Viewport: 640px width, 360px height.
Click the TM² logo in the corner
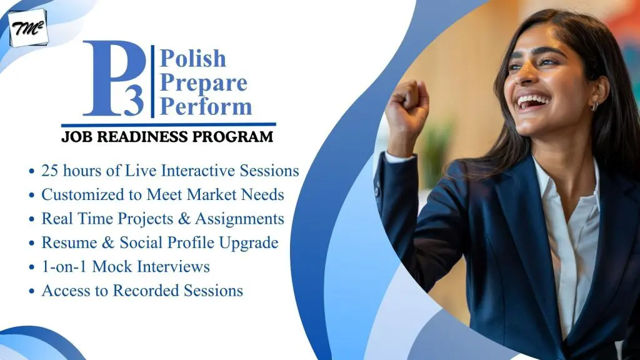(27, 28)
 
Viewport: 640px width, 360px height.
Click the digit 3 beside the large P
(134, 101)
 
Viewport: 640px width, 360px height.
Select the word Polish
(192, 58)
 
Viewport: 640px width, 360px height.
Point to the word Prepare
(203, 84)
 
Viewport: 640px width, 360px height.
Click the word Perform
(206, 106)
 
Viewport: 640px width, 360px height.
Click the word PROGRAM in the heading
(232, 137)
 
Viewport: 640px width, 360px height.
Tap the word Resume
(69, 243)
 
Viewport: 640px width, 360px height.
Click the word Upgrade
(249, 243)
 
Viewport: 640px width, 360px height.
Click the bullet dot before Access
(32, 291)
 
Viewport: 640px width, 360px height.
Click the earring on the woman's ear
(594, 106)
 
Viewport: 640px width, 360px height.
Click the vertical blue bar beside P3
(152, 82)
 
